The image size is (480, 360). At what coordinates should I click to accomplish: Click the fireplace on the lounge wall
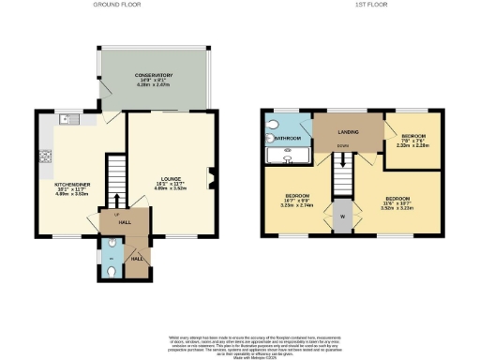point(212,175)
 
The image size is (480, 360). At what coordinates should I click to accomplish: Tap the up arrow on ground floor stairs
point(115,199)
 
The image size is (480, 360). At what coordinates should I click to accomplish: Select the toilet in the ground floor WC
point(111,271)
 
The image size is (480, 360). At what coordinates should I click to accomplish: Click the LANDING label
point(349,133)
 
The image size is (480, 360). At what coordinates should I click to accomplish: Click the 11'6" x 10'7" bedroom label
point(396,202)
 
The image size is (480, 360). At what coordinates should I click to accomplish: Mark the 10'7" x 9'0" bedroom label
point(298,200)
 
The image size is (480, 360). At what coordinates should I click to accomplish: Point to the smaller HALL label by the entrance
point(136,257)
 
